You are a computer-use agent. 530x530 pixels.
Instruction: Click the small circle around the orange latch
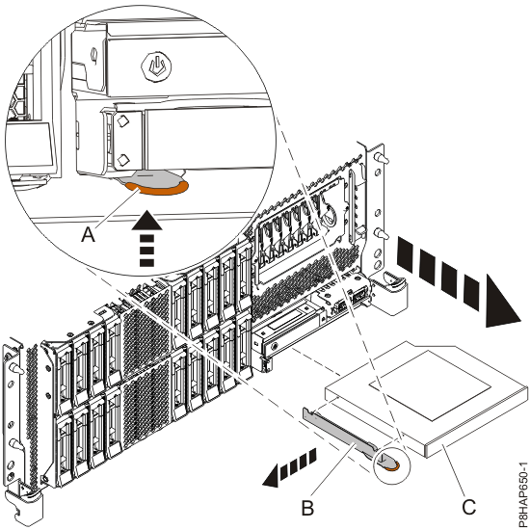point(390,464)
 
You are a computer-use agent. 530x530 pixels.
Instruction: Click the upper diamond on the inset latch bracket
point(122,123)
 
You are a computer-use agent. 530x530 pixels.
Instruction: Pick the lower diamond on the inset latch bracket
point(122,157)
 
